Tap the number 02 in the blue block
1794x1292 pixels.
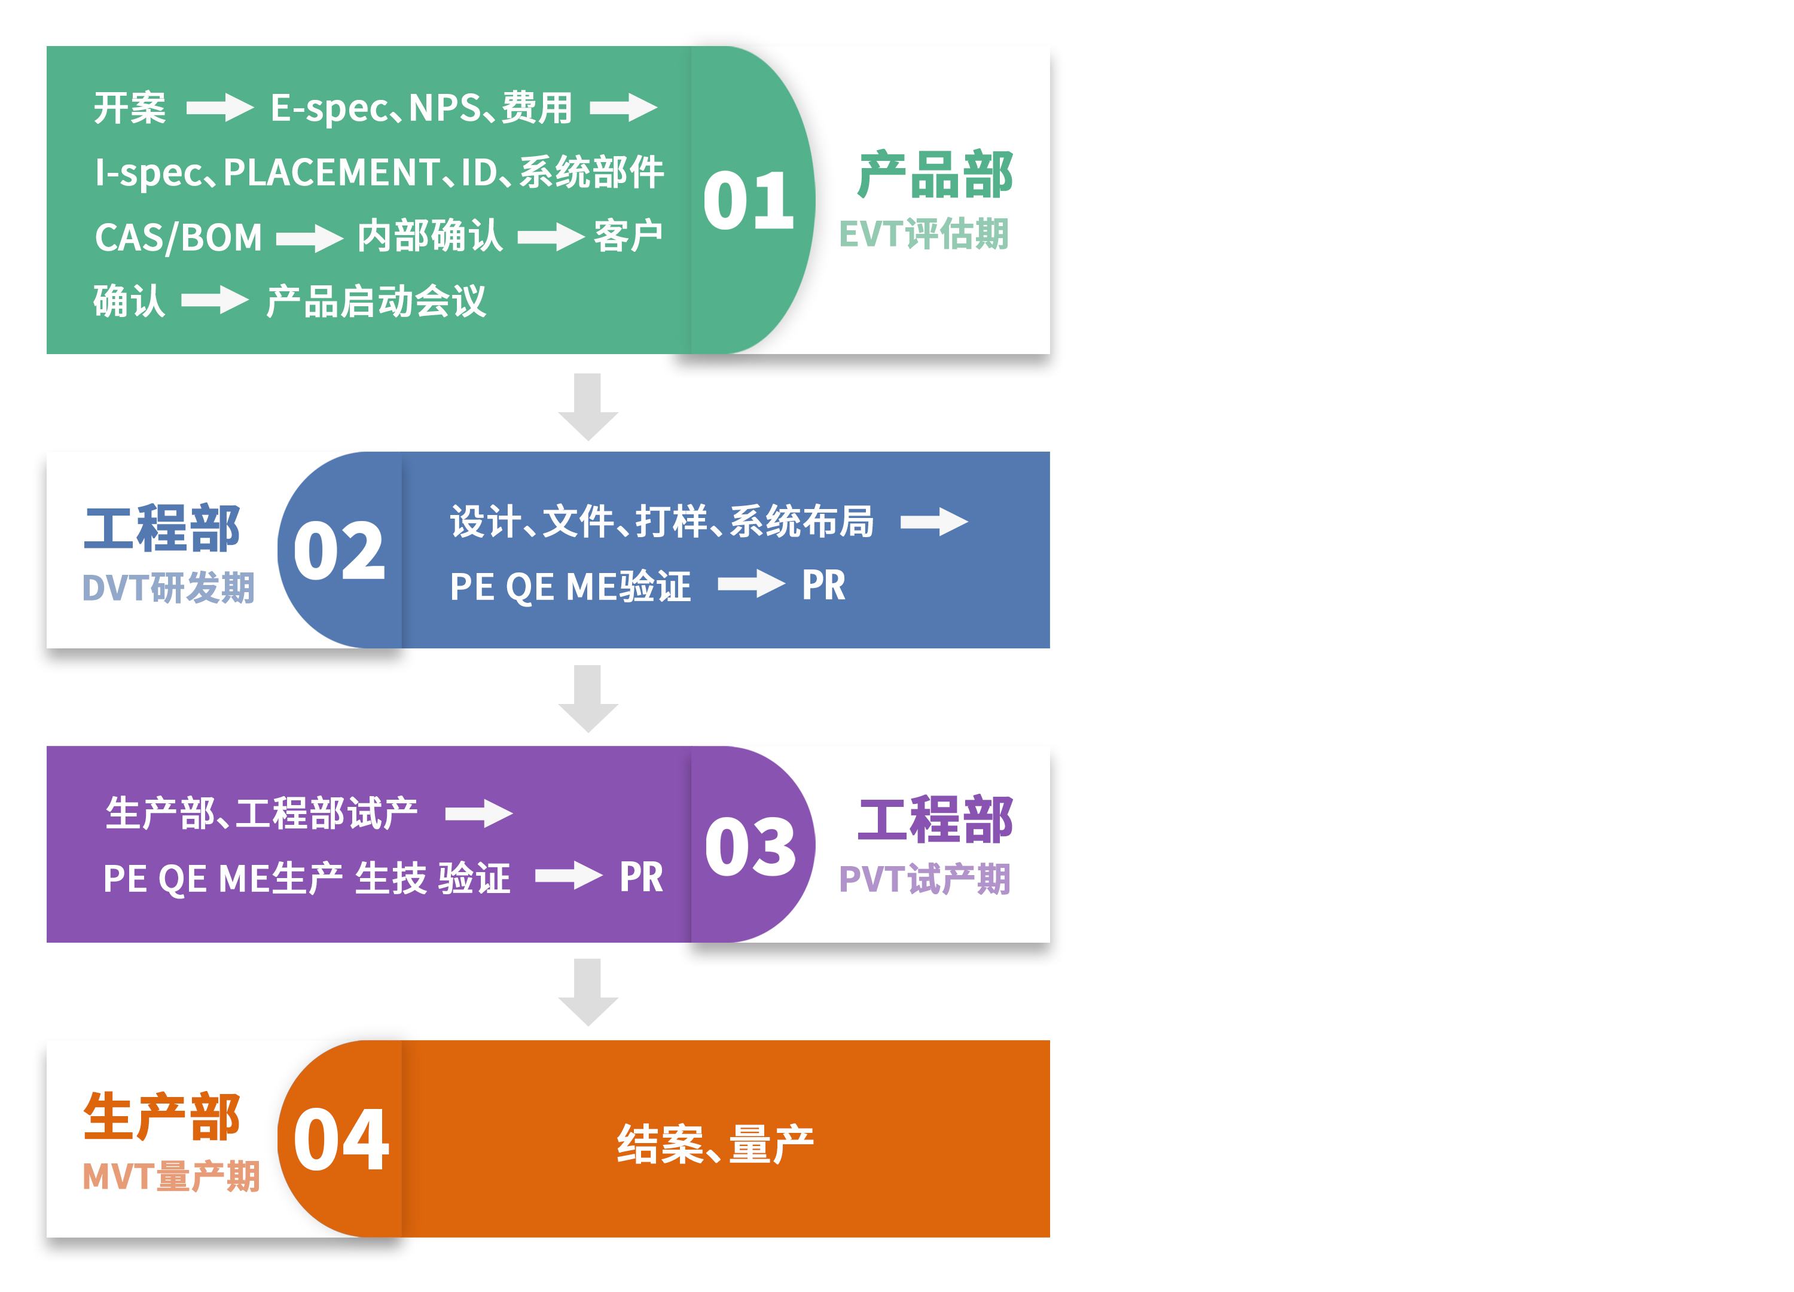click(x=338, y=551)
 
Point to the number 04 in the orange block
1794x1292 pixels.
click(x=341, y=1139)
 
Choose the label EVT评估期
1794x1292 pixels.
click(x=924, y=234)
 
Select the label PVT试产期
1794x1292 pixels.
click(x=925, y=879)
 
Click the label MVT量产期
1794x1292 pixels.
click(x=171, y=1177)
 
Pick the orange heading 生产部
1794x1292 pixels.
click(x=161, y=1117)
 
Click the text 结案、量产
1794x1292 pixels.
click(x=715, y=1144)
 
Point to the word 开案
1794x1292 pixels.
click(x=130, y=108)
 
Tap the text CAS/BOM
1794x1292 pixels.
click(x=178, y=237)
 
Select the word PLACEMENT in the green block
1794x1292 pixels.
click(x=331, y=172)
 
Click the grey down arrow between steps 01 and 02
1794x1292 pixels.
click(x=588, y=407)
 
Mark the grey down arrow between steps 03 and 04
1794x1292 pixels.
click(x=588, y=993)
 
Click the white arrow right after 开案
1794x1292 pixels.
click(x=220, y=108)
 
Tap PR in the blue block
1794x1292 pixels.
click(x=823, y=586)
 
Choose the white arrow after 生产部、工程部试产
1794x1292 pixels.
click(x=480, y=813)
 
